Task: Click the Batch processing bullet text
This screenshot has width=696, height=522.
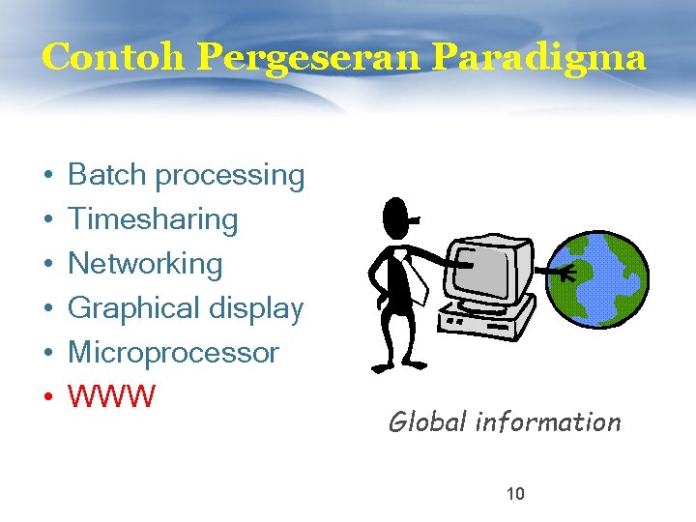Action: pos(186,175)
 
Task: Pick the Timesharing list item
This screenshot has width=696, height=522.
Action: pos(153,219)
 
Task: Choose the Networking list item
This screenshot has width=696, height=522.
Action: pos(145,263)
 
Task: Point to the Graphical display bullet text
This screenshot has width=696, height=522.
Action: pos(186,308)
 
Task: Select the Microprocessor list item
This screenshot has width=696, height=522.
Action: pos(173,352)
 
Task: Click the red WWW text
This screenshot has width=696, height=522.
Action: pos(111,396)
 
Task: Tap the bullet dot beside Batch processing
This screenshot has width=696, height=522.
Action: pos(46,177)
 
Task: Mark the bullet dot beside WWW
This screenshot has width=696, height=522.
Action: pos(46,397)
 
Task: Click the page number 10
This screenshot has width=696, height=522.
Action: pos(515,495)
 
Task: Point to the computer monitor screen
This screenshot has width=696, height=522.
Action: pos(487,266)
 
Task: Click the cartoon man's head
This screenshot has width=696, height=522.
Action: pos(395,218)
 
